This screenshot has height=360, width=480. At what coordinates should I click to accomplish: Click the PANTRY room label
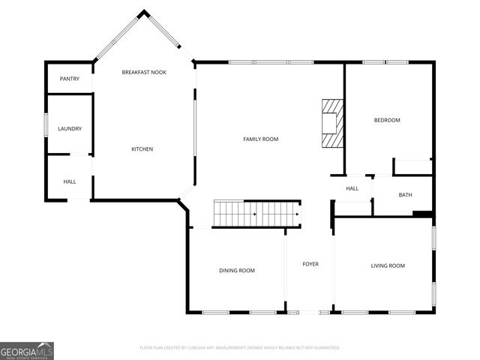(70, 79)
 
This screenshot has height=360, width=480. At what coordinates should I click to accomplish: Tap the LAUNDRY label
(70, 129)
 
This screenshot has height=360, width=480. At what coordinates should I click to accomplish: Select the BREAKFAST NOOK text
(144, 72)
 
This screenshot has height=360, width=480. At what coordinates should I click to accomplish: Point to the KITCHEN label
(142, 149)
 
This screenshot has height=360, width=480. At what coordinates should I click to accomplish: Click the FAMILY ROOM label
(260, 139)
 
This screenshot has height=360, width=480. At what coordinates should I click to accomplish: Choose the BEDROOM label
(387, 120)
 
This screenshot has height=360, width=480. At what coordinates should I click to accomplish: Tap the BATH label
(405, 195)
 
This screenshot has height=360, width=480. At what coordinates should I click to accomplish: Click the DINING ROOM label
(237, 271)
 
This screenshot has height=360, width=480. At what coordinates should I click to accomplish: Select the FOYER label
(310, 264)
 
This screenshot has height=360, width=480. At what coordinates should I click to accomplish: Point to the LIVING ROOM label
(388, 265)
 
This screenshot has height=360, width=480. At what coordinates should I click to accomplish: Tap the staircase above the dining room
(257, 214)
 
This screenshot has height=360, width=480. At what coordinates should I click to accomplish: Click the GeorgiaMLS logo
(27, 351)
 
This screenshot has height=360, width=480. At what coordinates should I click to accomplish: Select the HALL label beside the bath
(352, 189)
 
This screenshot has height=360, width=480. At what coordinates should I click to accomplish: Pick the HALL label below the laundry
(70, 181)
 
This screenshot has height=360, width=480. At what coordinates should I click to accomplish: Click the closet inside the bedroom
(412, 166)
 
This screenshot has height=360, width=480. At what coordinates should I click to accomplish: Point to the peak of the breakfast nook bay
(144, 12)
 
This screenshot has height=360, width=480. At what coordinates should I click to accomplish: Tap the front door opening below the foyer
(310, 312)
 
